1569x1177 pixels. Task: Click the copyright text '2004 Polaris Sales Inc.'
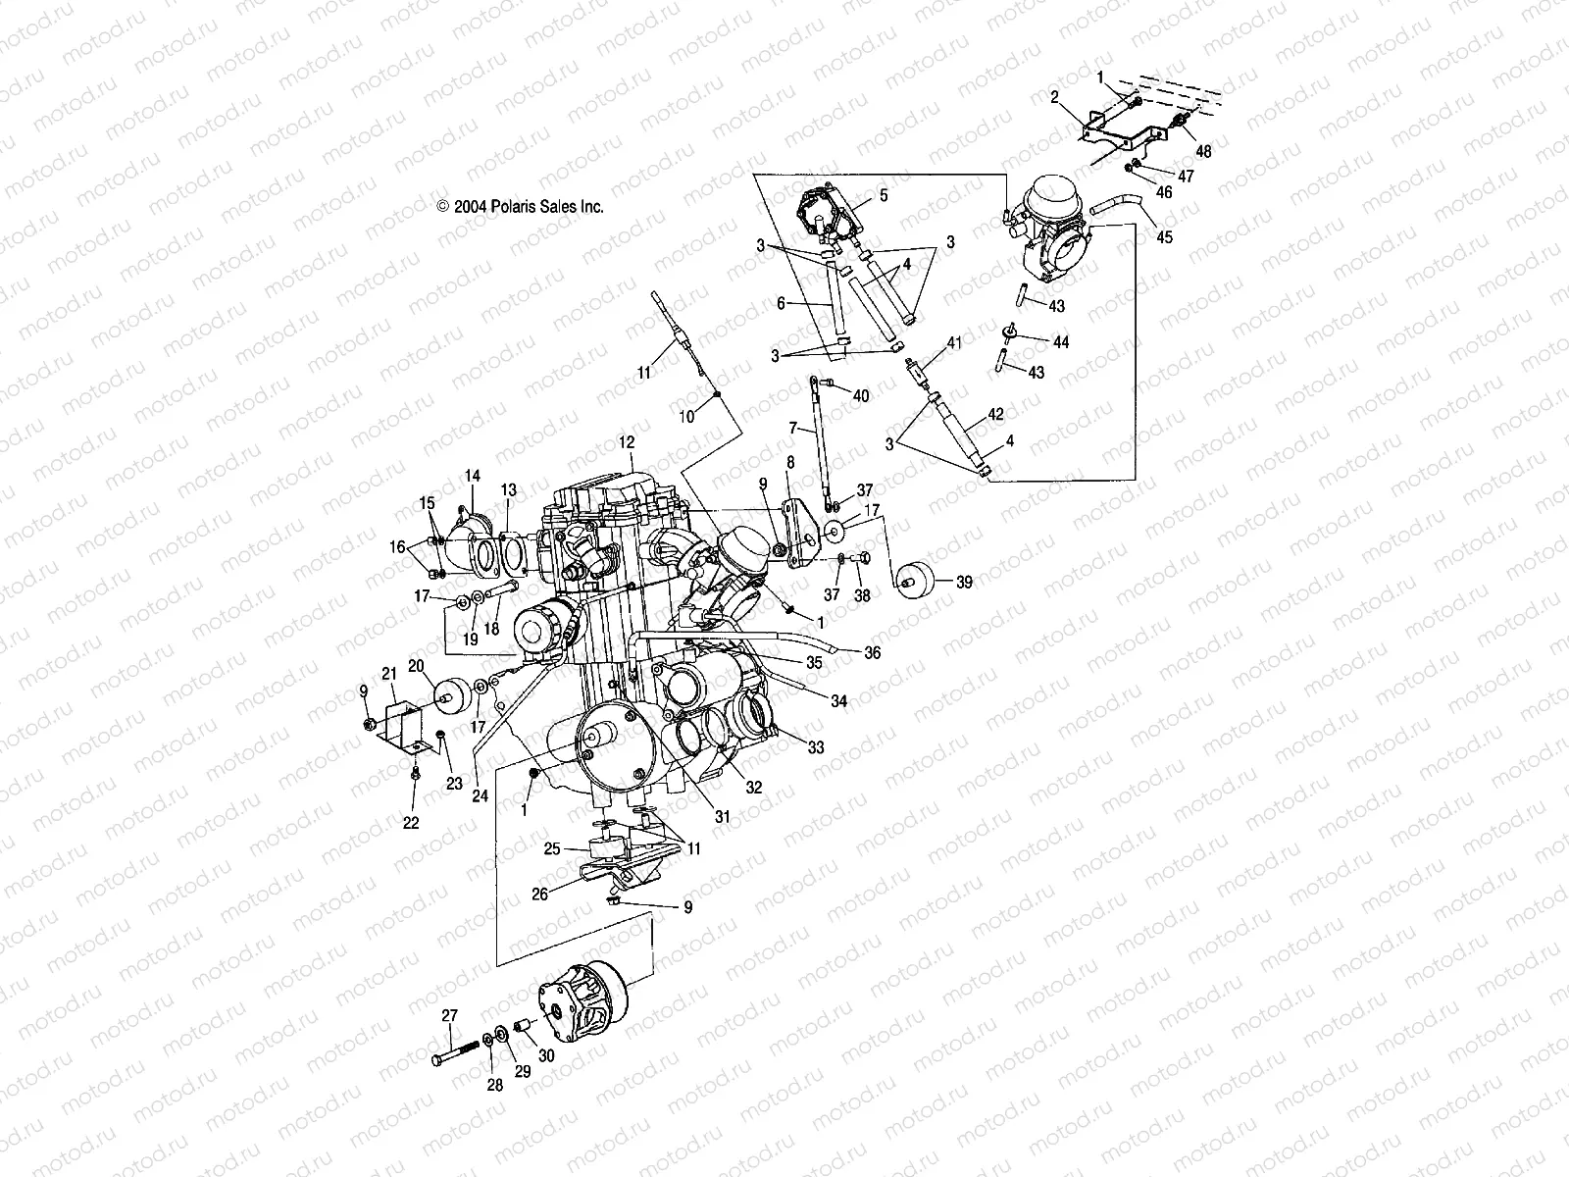tap(520, 207)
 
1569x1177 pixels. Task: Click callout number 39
tap(964, 583)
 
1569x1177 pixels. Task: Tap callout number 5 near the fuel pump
tap(883, 195)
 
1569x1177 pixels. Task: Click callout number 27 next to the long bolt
tap(449, 1016)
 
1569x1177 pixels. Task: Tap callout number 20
tap(415, 665)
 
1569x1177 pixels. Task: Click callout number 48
tap(1204, 152)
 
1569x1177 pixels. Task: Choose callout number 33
tap(816, 747)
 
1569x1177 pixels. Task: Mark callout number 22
tap(411, 823)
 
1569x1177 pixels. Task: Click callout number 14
tap(473, 477)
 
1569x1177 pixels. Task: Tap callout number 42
tap(995, 415)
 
